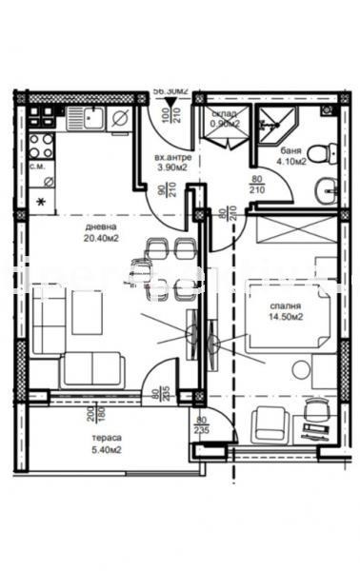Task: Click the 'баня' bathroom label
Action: click(x=291, y=151)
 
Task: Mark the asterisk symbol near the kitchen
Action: click(x=40, y=202)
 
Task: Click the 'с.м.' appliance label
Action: click(x=39, y=167)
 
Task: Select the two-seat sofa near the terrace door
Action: click(x=91, y=367)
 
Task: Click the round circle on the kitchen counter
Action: click(x=121, y=118)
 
